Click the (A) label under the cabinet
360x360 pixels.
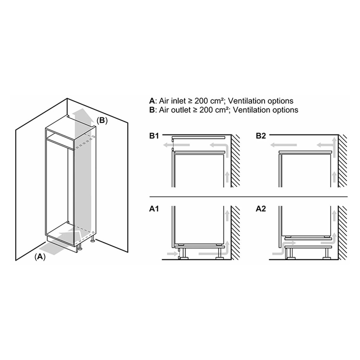[40, 257]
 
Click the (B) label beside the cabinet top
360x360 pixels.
[102, 121]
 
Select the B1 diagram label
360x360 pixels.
[154, 136]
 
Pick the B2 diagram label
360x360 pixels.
[261, 136]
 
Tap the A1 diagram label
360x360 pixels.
[154, 209]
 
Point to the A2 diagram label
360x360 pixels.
[261, 209]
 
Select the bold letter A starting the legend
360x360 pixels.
[152, 101]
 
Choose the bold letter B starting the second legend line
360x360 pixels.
[152, 110]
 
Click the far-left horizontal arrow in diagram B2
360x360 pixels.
[283, 145]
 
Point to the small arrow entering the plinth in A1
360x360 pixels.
[172, 253]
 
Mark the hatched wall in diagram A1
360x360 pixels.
[235, 233]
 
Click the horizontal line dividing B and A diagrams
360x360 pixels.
[249, 197]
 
